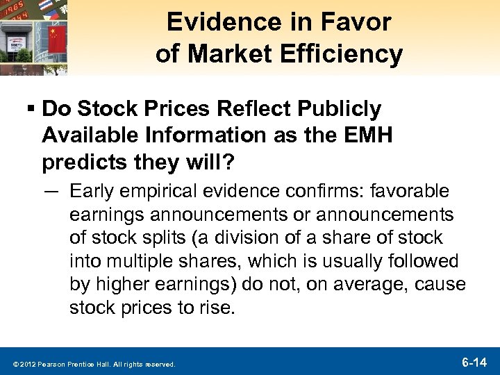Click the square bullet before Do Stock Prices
click(31, 108)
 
